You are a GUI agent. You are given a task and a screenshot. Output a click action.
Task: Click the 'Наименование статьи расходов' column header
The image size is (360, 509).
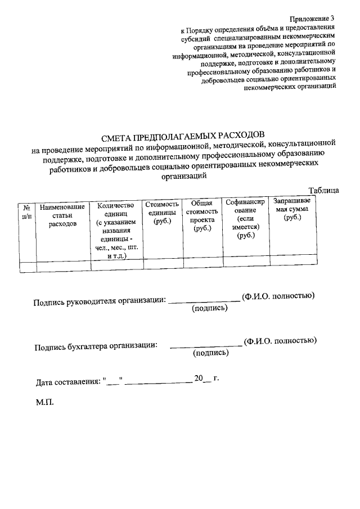click(62, 215)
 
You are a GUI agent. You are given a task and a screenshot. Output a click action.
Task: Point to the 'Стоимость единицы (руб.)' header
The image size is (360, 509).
click(163, 213)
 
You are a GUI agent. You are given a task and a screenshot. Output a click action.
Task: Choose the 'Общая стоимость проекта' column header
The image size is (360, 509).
click(203, 216)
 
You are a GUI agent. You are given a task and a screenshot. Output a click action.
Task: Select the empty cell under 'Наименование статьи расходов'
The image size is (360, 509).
click(62, 265)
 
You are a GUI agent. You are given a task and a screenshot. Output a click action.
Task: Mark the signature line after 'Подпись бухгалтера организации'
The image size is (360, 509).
click(206, 344)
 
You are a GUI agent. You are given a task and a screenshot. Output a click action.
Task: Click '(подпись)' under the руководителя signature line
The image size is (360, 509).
click(209, 309)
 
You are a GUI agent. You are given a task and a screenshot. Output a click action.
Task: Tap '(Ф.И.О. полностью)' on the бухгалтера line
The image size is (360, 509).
click(280, 340)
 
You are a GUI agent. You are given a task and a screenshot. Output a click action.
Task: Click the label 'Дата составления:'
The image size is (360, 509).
click(68, 382)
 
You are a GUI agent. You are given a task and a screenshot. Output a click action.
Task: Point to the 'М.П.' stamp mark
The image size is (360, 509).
click(43, 403)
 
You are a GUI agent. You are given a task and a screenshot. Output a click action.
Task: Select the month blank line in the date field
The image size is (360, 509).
click(158, 382)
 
